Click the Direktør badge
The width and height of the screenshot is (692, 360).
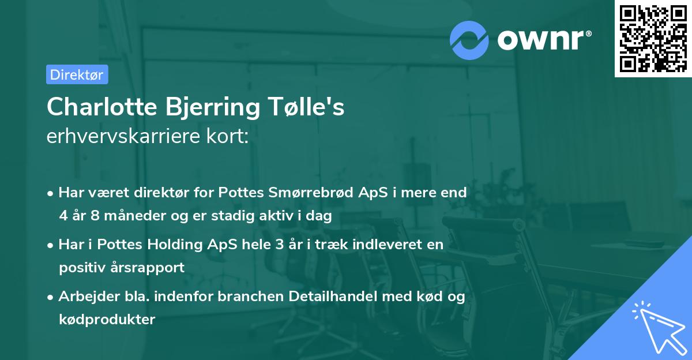[x=77, y=74]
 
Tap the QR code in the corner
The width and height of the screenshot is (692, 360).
[x=653, y=39]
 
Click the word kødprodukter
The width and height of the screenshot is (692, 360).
[x=107, y=319]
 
